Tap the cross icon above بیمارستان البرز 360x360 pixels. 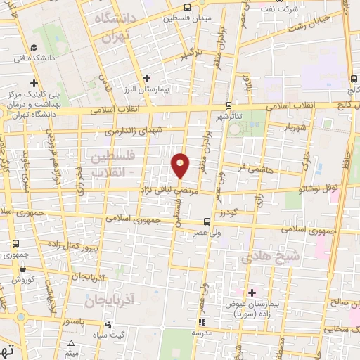tap(146, 79)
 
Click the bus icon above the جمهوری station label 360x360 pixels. tap(16, 243)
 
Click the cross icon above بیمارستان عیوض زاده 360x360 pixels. tap(252, 290)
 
